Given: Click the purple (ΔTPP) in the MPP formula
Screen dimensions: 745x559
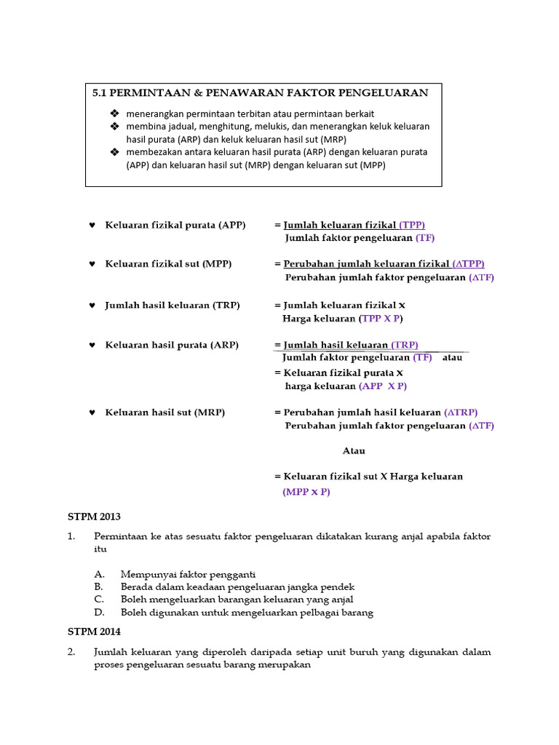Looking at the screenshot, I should pyautogui.click(x=468, y=264).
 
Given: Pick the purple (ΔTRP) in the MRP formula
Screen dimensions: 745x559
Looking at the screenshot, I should pyautogui.click(x=461, y=413).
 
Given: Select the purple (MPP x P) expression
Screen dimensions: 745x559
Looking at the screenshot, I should pyautogui.click(x=306, y=492).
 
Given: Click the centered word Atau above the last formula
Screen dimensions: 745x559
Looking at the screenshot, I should pyautogui.click(x=354, y=451).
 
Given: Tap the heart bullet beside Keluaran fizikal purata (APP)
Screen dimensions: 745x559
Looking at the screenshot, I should pyautogui.click(x=92, y=226).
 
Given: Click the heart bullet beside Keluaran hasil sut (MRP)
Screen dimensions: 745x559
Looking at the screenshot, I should pyautogui.click(x=92, y=413).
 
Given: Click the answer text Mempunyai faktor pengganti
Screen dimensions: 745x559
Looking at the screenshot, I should pyautogui.click(x=188, y=574).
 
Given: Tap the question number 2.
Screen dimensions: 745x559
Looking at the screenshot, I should pyautogui.click(x=71, y=652).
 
